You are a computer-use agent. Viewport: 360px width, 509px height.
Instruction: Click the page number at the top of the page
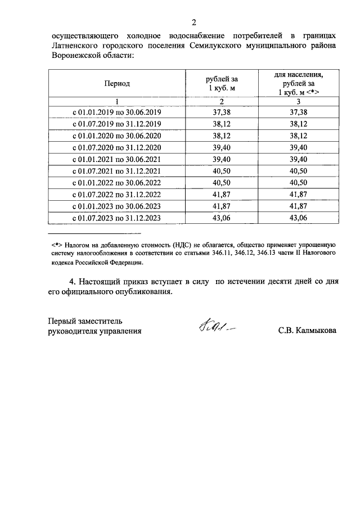coord(193,23)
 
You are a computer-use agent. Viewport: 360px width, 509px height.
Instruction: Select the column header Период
coord(116,83)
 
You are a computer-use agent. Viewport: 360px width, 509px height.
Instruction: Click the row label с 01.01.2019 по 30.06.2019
coord(116,112)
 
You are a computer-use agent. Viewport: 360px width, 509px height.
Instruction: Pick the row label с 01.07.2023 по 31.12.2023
coord(116,219)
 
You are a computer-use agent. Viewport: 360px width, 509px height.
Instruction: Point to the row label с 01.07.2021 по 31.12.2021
coord(116,171)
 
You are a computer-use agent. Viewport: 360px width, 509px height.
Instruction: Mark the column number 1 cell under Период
coord(116,101)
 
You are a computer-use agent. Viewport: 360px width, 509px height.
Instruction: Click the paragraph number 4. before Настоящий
coord(71,282)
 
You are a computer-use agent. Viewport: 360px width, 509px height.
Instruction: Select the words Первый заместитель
coord(84,320)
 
